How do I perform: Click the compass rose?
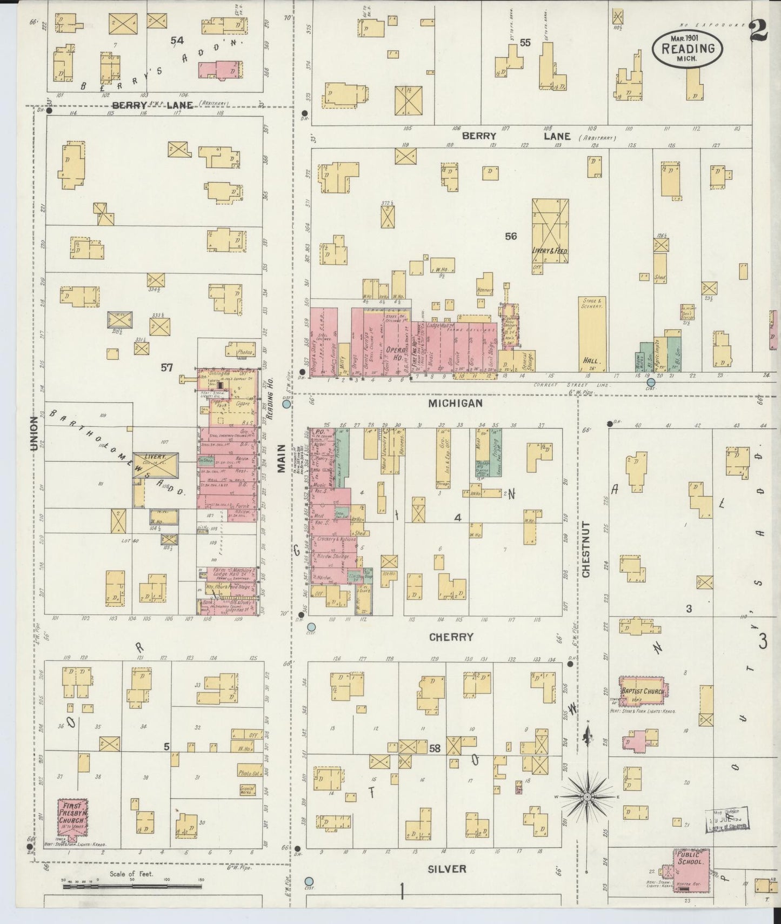(587, 796)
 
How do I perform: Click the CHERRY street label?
(451, 637)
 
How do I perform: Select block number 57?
(166, 368)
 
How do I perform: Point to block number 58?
(435, 749)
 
